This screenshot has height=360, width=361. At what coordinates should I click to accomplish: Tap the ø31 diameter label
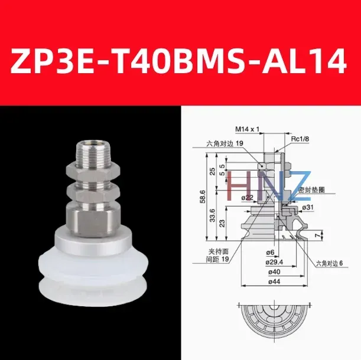coord(307,207)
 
